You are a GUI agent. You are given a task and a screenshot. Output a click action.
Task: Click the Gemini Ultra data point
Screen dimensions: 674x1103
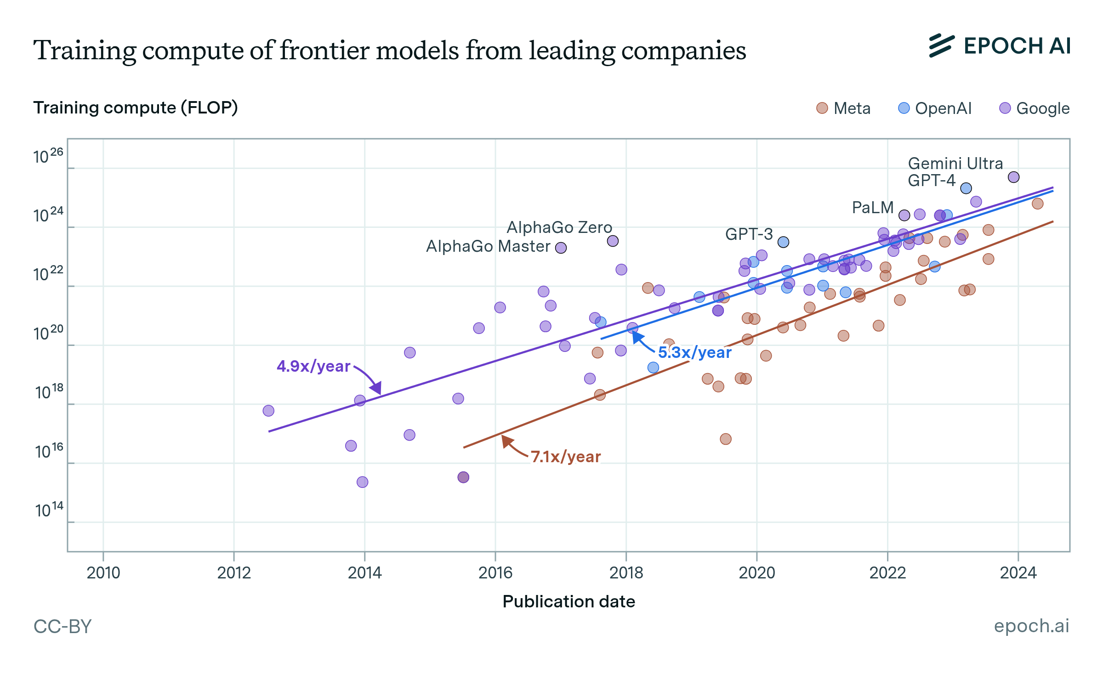tap(1013, 177)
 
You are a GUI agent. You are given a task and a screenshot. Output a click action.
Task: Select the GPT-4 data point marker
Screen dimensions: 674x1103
tap(966, 188)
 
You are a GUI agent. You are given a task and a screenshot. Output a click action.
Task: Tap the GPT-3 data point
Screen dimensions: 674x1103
tap(784, 242)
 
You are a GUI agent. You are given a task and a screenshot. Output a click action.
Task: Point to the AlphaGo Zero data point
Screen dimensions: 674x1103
tap(613, 241)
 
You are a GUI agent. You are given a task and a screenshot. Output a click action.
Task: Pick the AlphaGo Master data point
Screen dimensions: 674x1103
tap(561, 248)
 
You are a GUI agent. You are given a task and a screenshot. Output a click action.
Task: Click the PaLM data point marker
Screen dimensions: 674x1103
tap(904, 215)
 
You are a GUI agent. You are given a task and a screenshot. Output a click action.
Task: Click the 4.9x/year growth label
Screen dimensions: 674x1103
tap(313, 366)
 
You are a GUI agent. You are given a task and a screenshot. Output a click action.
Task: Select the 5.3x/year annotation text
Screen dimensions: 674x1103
tap(694, 352)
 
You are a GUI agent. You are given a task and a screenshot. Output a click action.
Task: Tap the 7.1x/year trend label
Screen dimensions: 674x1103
tap(566, 457)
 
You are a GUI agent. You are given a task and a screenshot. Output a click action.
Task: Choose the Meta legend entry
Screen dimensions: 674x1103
tap(844, 108)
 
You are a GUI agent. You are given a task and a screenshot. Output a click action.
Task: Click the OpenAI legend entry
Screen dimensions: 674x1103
tap(935, 108)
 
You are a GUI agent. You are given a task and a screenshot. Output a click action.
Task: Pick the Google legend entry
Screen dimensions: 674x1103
tap(1035, 108)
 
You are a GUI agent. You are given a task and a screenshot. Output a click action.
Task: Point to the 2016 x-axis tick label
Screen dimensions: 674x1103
tap(495, 573)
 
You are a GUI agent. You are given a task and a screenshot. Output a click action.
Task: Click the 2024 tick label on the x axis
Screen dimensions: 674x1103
tap(1018, 573)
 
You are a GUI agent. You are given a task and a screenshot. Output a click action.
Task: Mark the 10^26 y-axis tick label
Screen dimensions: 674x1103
tap(48, 157)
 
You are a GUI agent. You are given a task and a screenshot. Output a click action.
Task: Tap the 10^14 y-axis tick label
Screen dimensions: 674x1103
tap(49, 510)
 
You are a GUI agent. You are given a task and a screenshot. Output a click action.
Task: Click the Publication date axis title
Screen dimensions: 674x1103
tap(569, 601)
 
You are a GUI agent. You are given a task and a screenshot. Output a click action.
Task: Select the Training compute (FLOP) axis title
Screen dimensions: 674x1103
tap(136, 108)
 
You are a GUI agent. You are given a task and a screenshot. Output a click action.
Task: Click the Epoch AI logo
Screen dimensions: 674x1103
tap(1000, 46)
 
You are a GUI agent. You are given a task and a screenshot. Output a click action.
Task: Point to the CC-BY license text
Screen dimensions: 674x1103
tap(63, 626)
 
